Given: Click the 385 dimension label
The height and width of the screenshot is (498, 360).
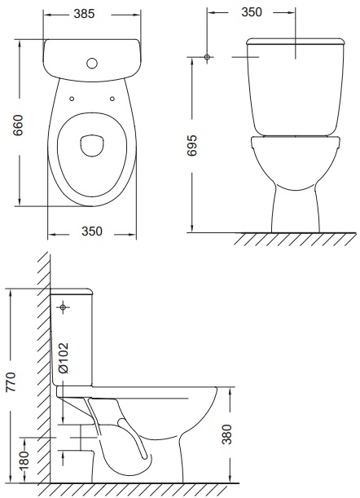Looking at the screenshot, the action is tap(84, 14).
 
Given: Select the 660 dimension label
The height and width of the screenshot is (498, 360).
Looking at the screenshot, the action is tap(19, 126).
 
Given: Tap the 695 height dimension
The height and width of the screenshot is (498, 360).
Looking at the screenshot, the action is tap(191, 145).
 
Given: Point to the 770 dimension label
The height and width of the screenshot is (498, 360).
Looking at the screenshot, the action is tap(11, 381).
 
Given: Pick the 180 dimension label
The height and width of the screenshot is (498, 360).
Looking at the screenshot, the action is tap(24, 460).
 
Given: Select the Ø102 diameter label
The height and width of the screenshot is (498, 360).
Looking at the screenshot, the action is tap(63, 358).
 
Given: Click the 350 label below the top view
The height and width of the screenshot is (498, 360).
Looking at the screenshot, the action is tap(92, 231).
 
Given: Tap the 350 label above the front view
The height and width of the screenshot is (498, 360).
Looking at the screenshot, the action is tap(252, 12).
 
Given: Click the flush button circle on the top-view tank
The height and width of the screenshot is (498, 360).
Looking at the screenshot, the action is tap(92, 64).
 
